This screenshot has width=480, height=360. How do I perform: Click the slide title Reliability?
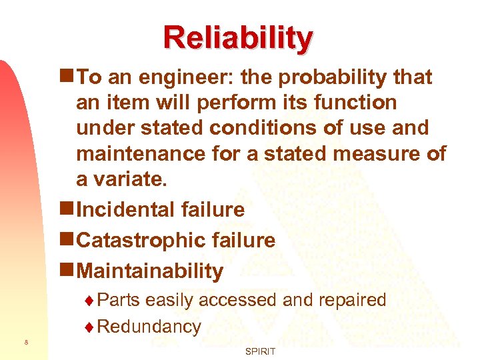(x=238, y=38)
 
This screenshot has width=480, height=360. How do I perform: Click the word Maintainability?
(x=150, y=271)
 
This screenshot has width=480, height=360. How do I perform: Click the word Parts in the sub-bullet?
(x=118, y=300)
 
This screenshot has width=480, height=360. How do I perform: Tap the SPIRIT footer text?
(x=259, y=351)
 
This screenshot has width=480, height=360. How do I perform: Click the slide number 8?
(x=25, y=343)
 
